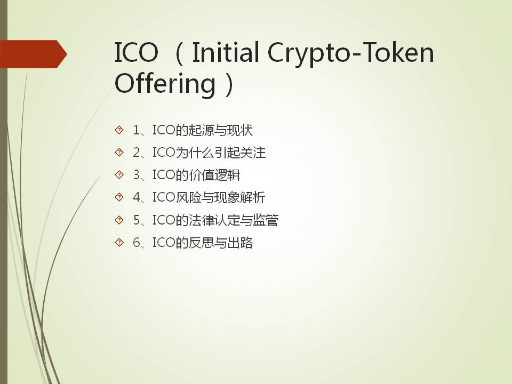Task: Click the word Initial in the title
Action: [x=226, y=52]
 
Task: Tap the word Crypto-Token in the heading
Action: [x=351, y=54]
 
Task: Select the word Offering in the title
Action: [x=165, y=84]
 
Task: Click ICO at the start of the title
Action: [x=137, y=52]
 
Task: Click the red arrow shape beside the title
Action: [x=33, y=54]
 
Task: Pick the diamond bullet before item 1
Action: [x=119, y=130]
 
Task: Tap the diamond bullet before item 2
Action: [x=119, y=152]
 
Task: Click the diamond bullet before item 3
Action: [x=119, y=175]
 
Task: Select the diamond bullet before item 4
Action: [x=119, y=197]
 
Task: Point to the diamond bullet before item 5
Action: [x=119, y=220]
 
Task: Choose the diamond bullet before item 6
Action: [x=119, y=242]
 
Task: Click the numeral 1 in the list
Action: [x=137, y=130]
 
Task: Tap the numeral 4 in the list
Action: [x=137, y=197]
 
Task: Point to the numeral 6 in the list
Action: [x=137, y=243]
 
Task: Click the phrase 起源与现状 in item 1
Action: [x=220, y=130]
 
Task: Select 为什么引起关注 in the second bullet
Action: [x=221, y=153]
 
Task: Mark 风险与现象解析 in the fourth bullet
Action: [x=221, y=197]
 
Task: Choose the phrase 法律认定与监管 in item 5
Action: [x=234, y=220]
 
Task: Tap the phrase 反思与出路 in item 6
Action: [x=220, y=243]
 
